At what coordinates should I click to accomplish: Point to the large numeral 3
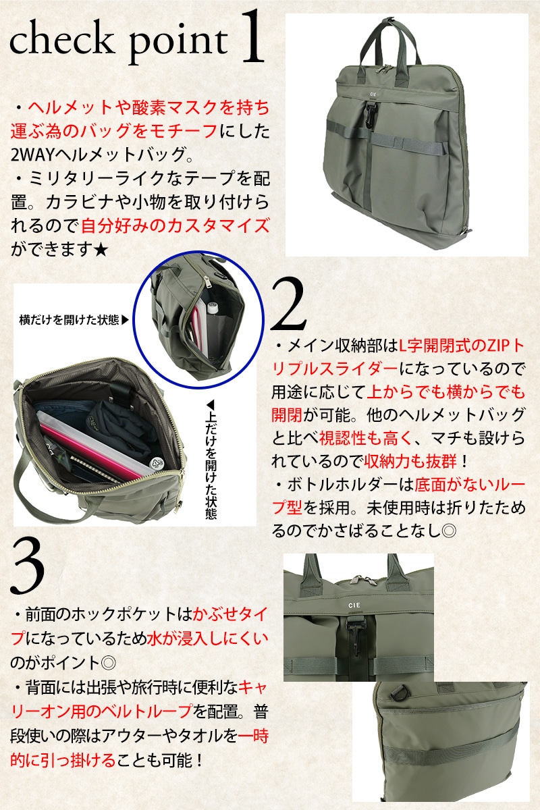[28, 566]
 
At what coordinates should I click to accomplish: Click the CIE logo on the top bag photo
[373, 93]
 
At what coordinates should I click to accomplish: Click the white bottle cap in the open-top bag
[157, 464]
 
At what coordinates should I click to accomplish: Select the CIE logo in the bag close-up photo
[354, 605]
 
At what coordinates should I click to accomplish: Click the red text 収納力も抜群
[410, 462]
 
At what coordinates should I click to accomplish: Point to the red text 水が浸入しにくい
[208, 639]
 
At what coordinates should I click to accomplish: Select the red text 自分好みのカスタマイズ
[175, 226]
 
